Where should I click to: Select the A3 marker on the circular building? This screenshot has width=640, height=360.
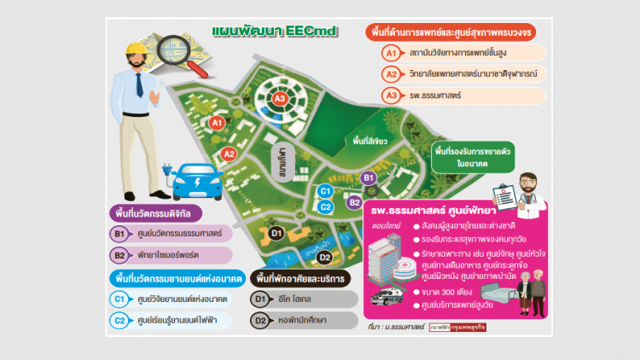pos(280,99)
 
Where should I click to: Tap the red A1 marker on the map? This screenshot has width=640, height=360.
pos(217,123)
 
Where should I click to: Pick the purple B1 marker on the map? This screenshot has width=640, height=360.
pos(369,177)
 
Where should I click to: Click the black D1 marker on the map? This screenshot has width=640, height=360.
pos(276,232)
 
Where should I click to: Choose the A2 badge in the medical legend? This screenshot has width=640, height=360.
pos(391,74)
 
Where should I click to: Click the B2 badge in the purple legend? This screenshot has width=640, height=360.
pos(120,255)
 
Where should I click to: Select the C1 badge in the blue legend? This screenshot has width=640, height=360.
pos(120,299)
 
